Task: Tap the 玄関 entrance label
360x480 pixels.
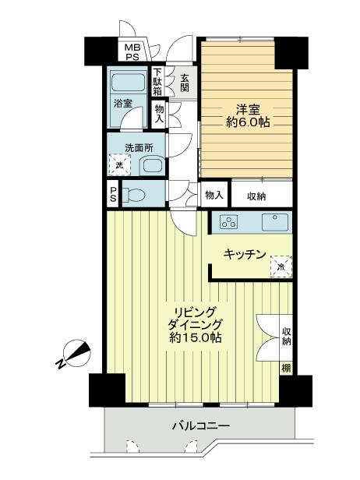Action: coord(185,83)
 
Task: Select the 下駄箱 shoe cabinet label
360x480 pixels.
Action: coord(158,82)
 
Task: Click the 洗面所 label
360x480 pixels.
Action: coord(127,148)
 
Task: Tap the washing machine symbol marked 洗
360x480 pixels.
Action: coord(119,164)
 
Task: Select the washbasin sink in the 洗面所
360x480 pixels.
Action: coord(150,164)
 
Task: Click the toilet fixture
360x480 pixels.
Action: coord(135,194)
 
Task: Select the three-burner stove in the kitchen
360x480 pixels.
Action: coord(229,221)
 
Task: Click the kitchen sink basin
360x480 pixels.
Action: coord(274,221)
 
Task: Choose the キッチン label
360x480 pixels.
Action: coord(245,254)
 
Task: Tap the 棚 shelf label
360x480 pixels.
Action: coord(285,367)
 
